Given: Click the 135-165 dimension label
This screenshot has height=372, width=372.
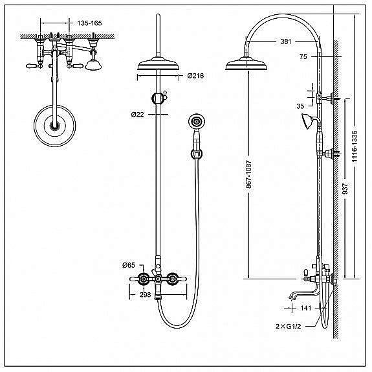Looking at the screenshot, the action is [89, 23].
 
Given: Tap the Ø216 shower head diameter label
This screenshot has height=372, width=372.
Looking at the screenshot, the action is [195, 76].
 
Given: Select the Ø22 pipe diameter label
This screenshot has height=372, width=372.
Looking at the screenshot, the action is [137, 115].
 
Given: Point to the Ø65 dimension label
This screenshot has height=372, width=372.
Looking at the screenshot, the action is [129, 265].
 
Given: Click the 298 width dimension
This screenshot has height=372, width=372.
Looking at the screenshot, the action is [145, 295].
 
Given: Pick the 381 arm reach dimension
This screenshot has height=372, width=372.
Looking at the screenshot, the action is [286, 41].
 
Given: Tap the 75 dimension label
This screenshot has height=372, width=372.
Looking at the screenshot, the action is [303, 56].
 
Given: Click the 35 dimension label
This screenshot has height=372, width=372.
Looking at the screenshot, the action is [300, 106].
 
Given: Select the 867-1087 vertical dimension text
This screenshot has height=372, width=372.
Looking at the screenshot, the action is [248, 174].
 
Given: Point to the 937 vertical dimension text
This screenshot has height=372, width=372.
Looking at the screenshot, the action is [345, 188].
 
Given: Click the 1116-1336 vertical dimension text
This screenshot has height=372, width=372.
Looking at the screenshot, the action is [355, 146].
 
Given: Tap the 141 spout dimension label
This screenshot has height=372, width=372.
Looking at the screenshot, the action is [305, 308].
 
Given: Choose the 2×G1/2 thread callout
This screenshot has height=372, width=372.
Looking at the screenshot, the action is [289, 327].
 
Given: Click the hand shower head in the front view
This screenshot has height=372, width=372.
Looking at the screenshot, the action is [197, 122].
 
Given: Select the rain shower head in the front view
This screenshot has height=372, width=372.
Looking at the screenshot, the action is [158, 64].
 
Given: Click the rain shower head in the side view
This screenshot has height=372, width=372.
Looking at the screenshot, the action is [246, 64].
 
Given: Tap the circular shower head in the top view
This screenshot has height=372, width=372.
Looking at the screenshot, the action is [55, 125].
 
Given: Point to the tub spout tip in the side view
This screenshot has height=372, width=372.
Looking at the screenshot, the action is [291, 297].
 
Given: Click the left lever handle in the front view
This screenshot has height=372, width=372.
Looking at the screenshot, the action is [137, 279].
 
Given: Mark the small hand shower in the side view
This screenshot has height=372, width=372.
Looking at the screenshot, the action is [308, 121].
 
